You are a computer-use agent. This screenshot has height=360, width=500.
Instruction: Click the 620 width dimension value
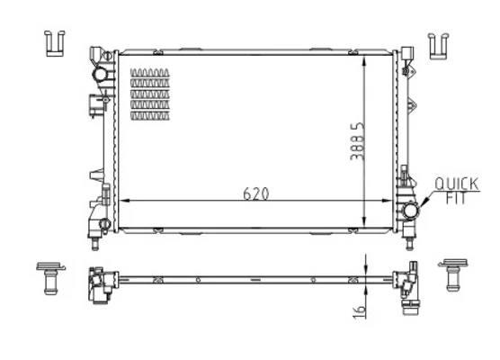pyautogui.click(x=255, y=193)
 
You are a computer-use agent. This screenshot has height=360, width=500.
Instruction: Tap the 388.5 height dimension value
pyautogui.click(x=357, y=140)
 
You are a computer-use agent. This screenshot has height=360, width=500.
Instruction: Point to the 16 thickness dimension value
pyautogui.click(x=359, y=311)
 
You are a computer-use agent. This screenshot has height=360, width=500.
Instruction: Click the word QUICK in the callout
pyautogui.click(x=457, y=184)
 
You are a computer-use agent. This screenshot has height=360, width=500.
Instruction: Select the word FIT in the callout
pyautogui.click(x=456, y=198)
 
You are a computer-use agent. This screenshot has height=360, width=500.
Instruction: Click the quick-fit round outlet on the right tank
pyautogui.click(x=411, y=211)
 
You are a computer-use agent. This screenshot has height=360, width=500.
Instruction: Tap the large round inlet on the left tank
pyautogui.click(x=100, y=75)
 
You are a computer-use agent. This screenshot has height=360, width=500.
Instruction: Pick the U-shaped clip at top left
pyautogui.click(x=55, y=43)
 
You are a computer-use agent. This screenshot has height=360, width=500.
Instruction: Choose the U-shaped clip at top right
pyautogui.click(x=439, y=46)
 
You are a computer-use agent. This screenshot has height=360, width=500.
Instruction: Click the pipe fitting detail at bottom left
pyautogui.click(x=50, y=278)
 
